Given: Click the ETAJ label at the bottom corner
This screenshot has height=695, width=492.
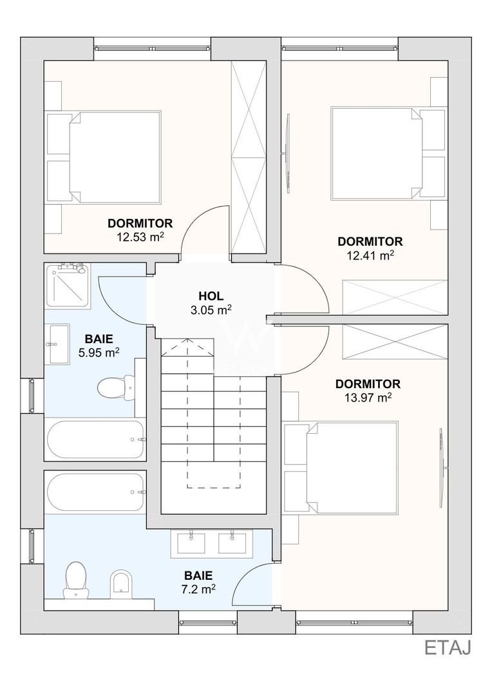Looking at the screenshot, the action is click(448, 647).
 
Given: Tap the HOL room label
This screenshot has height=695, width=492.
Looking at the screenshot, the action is click(211, 296).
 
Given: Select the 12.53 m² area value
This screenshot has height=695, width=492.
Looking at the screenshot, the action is click(140, 236).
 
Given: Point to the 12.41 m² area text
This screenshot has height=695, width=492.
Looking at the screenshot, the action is click(370, 255).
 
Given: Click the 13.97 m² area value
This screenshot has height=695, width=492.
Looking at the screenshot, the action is click(368, 398).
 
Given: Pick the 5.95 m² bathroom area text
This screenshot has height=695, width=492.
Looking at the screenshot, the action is click(99, 353).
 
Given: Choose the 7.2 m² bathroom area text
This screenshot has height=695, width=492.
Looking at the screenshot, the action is click(198, 589).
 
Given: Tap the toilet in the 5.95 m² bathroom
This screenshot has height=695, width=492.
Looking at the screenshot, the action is click(115, 387).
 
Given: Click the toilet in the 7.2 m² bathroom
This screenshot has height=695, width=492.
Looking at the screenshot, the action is click(75, 580).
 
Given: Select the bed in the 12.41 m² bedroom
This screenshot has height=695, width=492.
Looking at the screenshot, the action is click(388, 153).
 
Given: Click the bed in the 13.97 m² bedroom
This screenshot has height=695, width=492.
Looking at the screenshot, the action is click(341, 467).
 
